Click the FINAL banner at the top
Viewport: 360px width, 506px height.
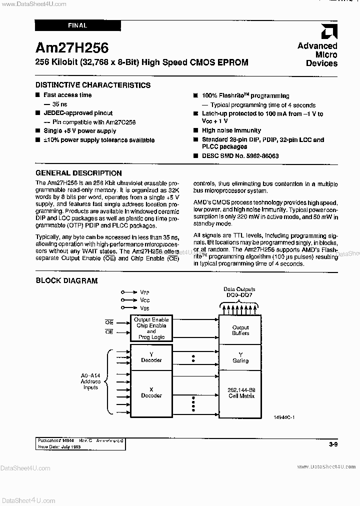[78, 25]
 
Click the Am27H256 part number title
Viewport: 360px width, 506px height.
[72, 47]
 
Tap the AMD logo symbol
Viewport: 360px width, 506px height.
[328, 32]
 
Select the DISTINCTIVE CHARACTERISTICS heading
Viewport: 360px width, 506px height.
[93, 85]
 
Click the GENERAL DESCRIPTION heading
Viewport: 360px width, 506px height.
[79, 173]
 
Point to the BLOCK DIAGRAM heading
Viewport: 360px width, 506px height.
[66, 281]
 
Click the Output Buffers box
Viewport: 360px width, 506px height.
[240, 330]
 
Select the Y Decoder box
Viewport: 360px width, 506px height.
[151, 357]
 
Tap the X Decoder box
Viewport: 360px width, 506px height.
[151, 392]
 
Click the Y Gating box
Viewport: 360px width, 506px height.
[240, 357]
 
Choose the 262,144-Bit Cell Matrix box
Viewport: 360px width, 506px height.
[240, 392]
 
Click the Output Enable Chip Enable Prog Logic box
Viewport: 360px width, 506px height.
[151, 328]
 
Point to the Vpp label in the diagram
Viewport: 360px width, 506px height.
[144, 291]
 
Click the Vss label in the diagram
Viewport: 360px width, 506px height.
[144, 308]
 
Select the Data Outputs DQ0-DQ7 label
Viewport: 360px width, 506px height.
[239, 292]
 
